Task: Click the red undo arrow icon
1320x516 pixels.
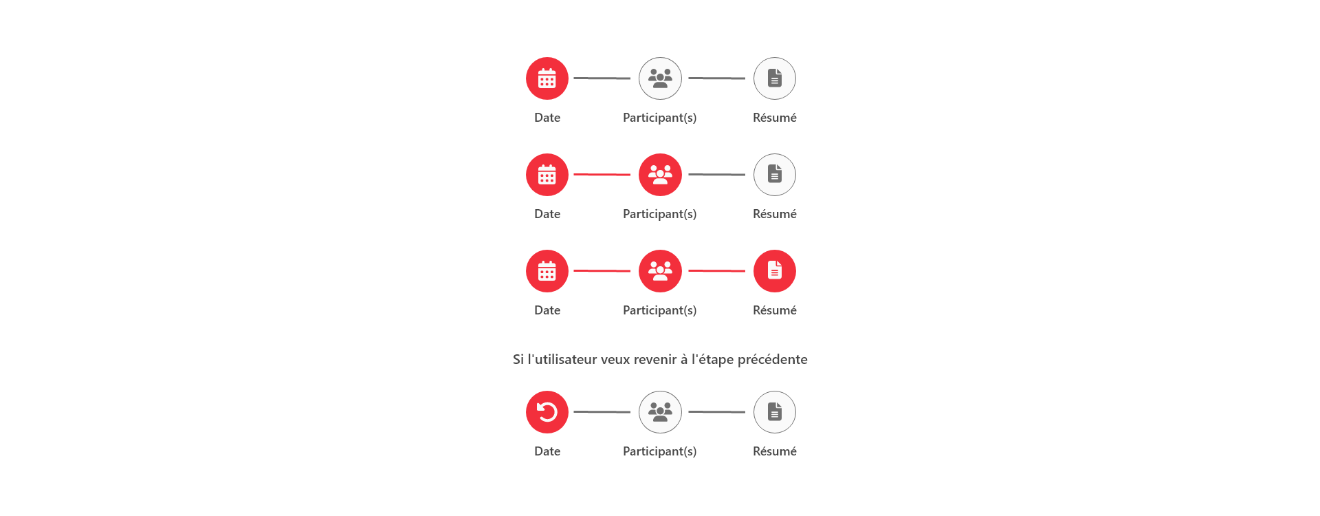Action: pos(547,412)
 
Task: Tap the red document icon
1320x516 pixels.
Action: pos(775,271)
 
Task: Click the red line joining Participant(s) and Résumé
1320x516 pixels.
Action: pos(717,271)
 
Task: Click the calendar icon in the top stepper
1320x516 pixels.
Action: pos(547,78)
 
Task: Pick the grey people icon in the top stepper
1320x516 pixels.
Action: pos(660,78)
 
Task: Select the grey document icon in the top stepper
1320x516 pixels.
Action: pos(775,78)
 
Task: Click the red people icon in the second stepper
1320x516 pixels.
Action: pos(660,175)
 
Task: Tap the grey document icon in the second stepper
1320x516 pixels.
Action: pos(775,175)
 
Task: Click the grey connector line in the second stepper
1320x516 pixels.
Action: pos(717,175)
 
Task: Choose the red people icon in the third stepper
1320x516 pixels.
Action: pos(660,271)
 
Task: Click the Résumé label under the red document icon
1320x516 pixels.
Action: pos(775,310)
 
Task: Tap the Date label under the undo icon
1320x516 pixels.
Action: pos(547,451)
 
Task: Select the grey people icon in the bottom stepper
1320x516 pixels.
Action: pos(660,412)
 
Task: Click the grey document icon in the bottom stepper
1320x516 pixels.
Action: pos(775,412)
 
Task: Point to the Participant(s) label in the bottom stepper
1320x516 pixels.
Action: pos(660,451)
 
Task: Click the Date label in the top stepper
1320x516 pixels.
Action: pos(547,118)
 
